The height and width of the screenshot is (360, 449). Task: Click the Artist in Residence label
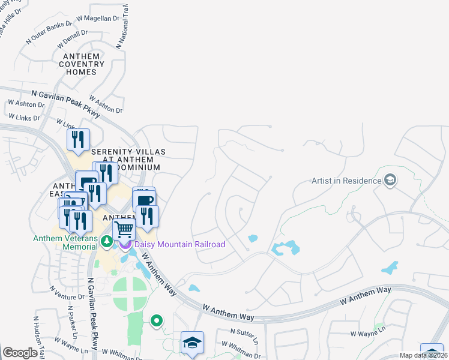point(346,181)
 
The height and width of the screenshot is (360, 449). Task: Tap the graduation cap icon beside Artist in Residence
point(390,180)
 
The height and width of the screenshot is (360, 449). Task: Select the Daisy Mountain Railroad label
point(179,244)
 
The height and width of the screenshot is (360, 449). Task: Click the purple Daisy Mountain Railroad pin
point(125,244)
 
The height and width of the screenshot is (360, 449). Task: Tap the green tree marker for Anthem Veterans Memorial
point(107,242)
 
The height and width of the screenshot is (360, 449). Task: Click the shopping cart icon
point(124,230)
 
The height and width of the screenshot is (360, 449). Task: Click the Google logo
point(20,353)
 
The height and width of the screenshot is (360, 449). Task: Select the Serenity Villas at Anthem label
point(128,155)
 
